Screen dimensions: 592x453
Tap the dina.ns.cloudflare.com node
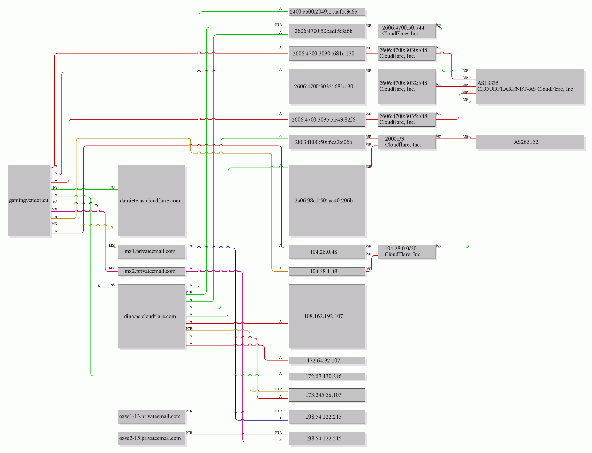(151, 316)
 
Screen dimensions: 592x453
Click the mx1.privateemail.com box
(151, 252)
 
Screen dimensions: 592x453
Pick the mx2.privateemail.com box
(151, 271)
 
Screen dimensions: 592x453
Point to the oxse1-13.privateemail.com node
(151, 417)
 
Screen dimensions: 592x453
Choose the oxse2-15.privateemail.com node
(151, 438)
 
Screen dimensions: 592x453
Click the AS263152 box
(530, 142)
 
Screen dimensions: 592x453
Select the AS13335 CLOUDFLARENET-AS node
(530, 86)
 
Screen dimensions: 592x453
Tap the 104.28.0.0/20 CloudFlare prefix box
(407, 252)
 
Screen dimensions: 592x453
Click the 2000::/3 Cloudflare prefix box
(407, 142)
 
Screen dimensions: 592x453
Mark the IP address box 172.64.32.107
(327, 361)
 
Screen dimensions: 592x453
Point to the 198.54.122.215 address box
(327, 438)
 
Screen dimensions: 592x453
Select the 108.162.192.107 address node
(327, 316)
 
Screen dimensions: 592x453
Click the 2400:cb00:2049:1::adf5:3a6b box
(327, 12)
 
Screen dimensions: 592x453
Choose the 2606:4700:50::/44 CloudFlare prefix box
(407, 31)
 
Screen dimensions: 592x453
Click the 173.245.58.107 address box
(327, 395)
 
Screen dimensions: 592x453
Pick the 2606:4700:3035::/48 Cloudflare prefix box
(407, 119)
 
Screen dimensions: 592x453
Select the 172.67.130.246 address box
(327, 376)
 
